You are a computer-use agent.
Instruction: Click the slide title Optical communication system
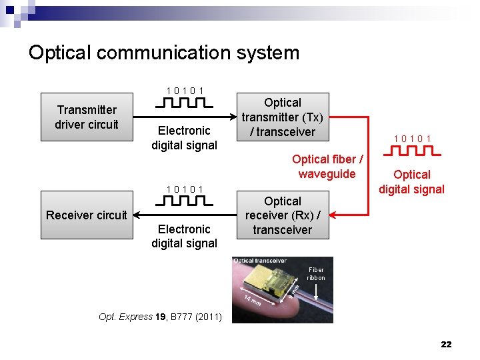click(x=164, y=53)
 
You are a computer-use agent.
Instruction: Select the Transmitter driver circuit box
click(x=87, y=117)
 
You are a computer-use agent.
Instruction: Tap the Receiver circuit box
click(x=87, y=215)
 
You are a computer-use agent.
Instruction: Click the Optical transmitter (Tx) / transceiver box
click(x=283, y=117)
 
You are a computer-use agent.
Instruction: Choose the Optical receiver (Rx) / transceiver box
click(x=283, y=215)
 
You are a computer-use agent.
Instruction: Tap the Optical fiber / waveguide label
click(x=327, y=167)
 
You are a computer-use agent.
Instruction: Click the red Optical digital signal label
click(x=412, y=181)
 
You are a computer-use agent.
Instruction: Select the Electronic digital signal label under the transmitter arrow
click(x=185, y=138)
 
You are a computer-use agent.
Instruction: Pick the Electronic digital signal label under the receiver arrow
click(x=185, y=236)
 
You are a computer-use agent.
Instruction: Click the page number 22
click(x=446, y=344)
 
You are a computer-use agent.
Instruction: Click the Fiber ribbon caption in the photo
click(x=316, y=274)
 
